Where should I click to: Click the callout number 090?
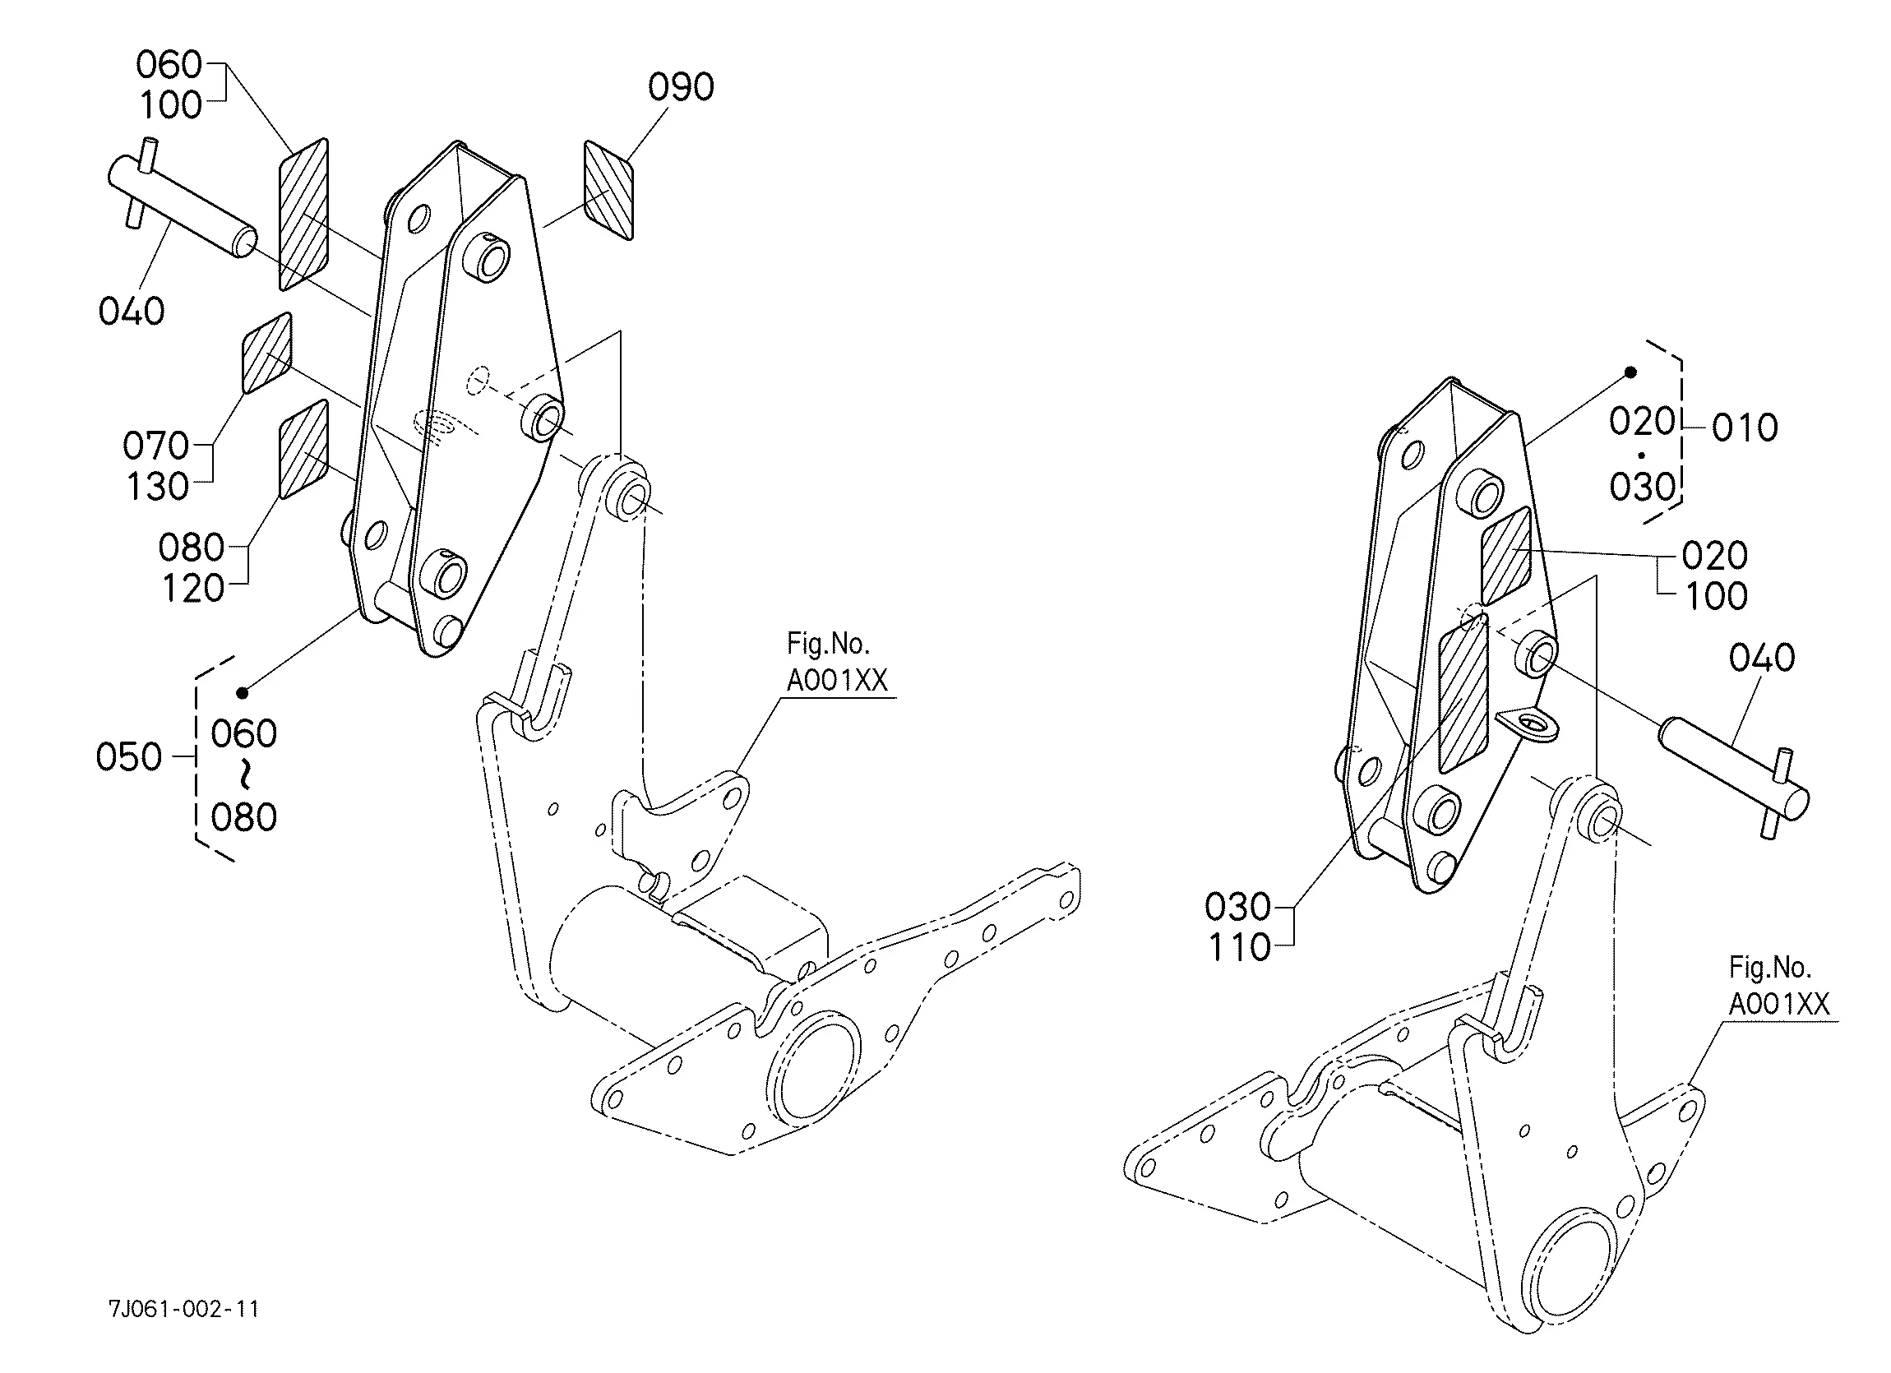[x=681, y=87]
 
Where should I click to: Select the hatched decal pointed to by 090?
[x=608, y=190]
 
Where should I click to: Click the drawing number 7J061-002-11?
[x=183, y=1310]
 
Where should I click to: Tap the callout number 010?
[x=1745, y=428]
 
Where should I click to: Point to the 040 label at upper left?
[x=131, y=312]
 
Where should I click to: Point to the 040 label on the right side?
[x=1761, y=659]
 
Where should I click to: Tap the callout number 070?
[x=156, y=446]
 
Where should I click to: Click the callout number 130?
[x=158, y=487]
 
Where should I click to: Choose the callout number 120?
[x=192, y=589]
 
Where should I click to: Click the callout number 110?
[x=1239, y=948]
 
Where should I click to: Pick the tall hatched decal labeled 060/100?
[x=303, y=215]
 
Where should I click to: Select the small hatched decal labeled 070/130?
[x=267, y=353]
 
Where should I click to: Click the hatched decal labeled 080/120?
[x=303, y=450]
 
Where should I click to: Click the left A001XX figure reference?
[x=836, y=681]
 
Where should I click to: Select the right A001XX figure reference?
[x=1778, y=1005]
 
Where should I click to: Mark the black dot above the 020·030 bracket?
[x=1631, y=372]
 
